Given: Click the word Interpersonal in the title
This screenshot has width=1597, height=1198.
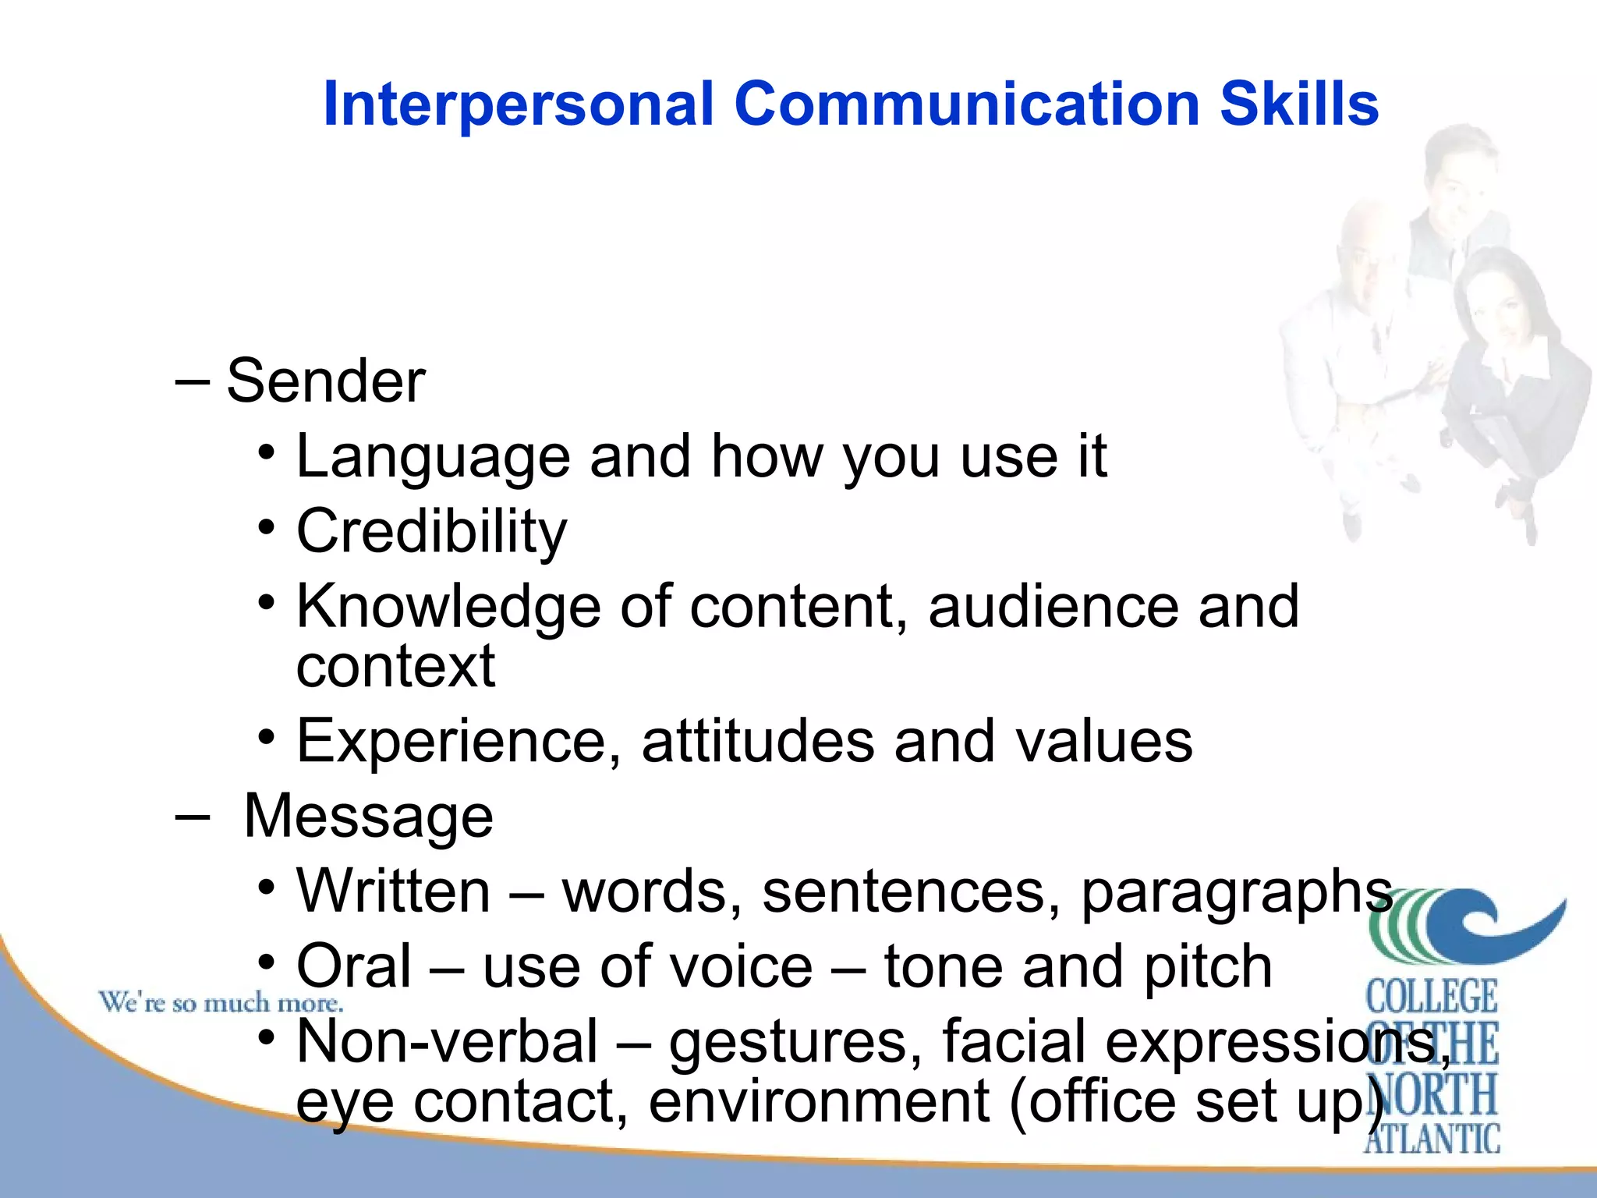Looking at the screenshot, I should coord(519,105).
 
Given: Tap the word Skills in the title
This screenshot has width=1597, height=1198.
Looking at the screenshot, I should coord(1299,104).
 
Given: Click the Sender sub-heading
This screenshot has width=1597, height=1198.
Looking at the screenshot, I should coord(326,381).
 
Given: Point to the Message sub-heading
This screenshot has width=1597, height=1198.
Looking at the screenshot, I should coord(368,817).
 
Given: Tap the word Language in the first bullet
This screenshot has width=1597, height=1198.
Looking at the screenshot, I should coord(434,458).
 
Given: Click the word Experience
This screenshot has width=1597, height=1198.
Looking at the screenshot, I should coord(459,741).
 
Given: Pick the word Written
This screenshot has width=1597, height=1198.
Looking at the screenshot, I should coord(394,891).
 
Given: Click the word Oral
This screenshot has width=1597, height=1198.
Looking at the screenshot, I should coord(354,966).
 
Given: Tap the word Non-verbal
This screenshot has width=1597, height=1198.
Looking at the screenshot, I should coord(448,1042).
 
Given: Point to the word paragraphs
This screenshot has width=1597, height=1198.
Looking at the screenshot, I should coord(1237,892).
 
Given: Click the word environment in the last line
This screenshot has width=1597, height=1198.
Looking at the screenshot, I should coord(819,1101).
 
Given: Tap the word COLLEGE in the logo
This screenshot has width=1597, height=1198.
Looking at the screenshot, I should coord(1432,997).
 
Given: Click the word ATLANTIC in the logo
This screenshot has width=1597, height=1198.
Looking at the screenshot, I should coord(1432,1138).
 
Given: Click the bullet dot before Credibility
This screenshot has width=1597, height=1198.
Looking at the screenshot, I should coord(267,528).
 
